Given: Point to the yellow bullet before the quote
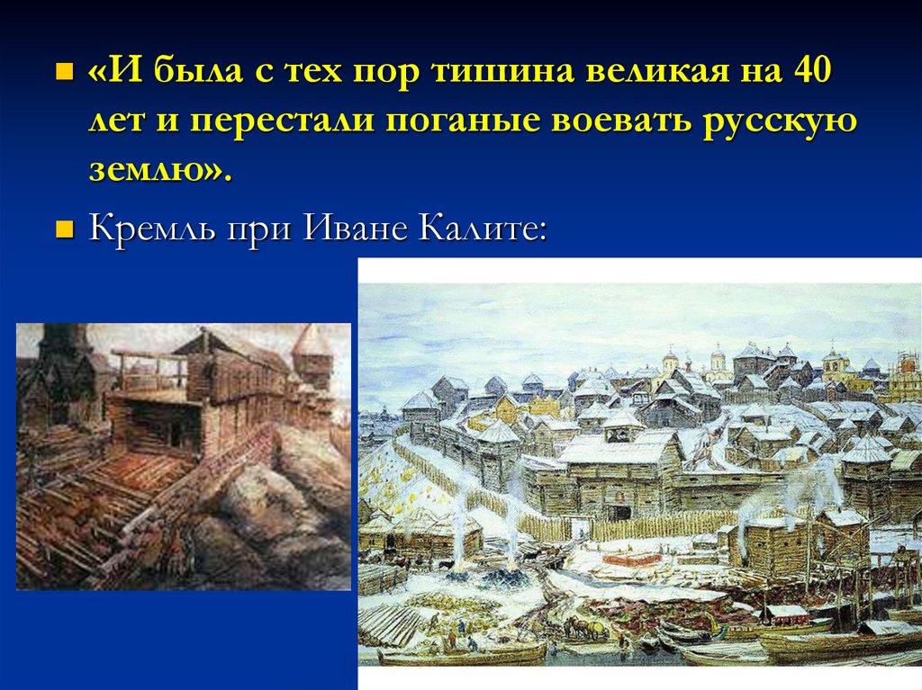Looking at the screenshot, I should click(x=64, y=70).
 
